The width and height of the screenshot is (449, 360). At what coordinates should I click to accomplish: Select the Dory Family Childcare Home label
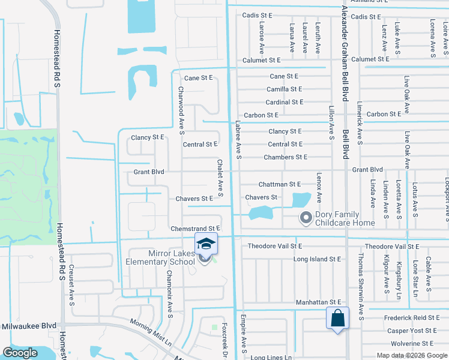(x=338, y=219)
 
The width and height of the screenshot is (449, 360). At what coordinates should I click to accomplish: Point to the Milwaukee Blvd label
(x=28, y=326)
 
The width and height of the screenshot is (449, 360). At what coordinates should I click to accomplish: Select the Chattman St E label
(x=279, y=184)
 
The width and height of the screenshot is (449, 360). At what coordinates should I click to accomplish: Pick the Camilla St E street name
(x=285, y=89)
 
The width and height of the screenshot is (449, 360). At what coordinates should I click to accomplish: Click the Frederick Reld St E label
(x=414, y=317)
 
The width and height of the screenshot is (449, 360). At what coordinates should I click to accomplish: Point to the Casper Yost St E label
(x=412, y=331)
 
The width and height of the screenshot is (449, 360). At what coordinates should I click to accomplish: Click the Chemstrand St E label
(x=196, y=229)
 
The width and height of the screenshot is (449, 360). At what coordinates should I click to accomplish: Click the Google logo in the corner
(x=20, y=353)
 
